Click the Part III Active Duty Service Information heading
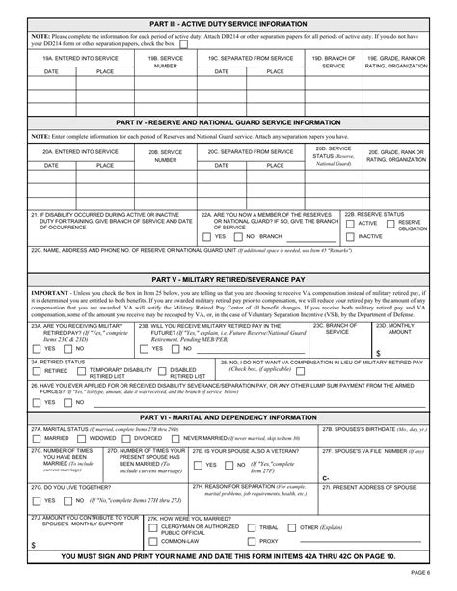point(228,22)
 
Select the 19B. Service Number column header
point(165,62)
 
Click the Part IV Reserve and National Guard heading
point(228,123)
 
